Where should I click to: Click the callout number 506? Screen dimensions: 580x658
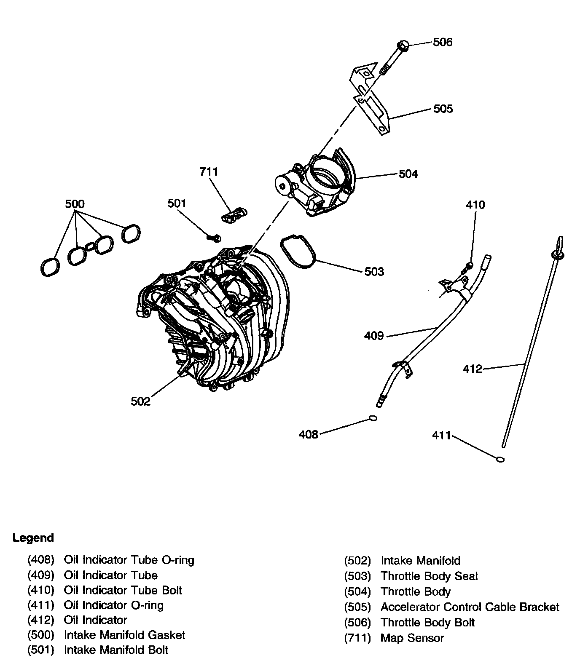pyautogui.click(x=443, y=42)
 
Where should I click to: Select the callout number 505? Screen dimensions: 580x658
pyautogui.click(x=443, y=109)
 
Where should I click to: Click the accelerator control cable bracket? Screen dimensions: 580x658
pyautogui.click(x=369, y=101)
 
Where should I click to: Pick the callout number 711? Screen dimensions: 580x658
pyautogui.click(x=209, y=172)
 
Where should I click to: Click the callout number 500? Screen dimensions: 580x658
pyautogui.click(x=75, y=204)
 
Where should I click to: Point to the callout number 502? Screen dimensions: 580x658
pyautogui.click(x=140, y=401)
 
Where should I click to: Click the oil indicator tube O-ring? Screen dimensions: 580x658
pyautogui.click(x=372, y=418)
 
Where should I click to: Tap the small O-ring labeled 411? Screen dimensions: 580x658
pyautogui.click(x=500, y=459)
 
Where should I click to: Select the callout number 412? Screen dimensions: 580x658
pyautogui.click(x=472, y=369)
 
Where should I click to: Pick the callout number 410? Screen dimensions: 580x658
pyautogui.click(x=475, y=205)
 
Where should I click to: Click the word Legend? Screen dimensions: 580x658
pyautogui.click(x=33, y=538)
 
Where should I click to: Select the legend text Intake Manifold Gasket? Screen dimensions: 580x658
pyautogui.click(x=124, y=635)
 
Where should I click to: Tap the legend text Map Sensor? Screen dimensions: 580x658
pyautogui.click(x=412, y=638)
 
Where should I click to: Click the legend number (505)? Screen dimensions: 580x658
pyautogui.click(x=357, y=607)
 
